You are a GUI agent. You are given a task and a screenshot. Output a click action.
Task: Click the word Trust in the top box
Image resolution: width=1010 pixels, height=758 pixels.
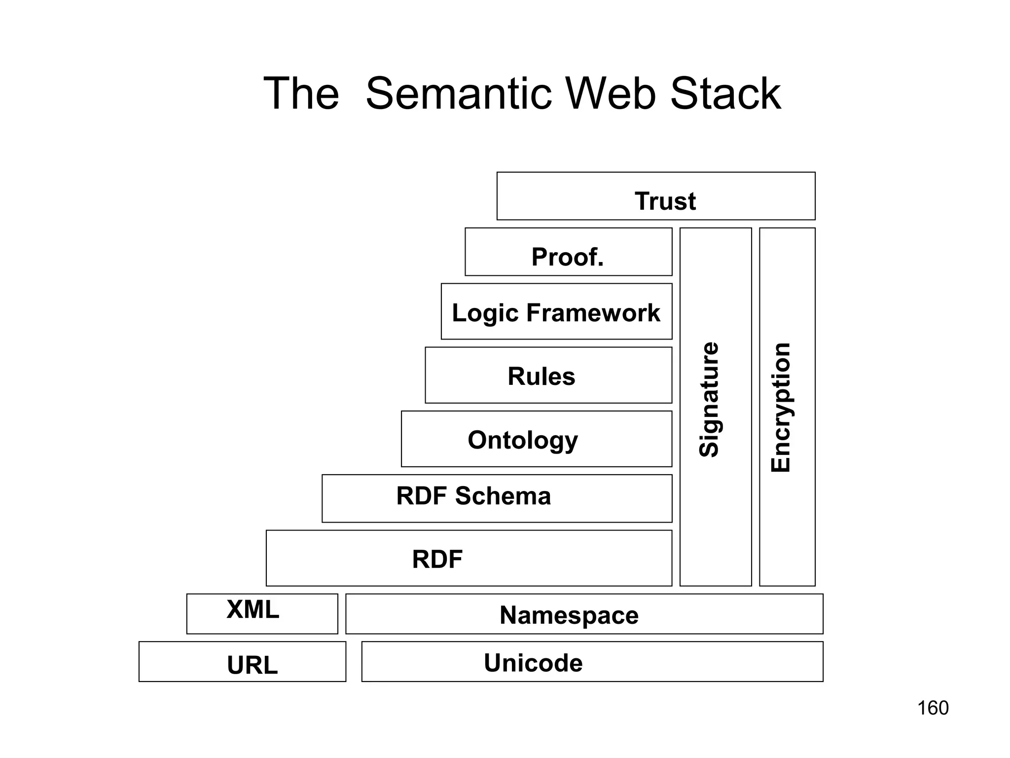(665, 201)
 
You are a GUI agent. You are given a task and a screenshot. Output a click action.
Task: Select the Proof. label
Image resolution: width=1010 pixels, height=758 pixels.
(567, 257)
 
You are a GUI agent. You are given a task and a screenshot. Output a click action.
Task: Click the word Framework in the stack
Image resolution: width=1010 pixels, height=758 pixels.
(593, 313)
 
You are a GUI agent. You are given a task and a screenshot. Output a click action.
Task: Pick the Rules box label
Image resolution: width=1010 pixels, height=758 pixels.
(541, 377)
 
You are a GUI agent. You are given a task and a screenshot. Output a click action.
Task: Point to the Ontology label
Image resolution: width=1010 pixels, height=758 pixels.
(522, 440)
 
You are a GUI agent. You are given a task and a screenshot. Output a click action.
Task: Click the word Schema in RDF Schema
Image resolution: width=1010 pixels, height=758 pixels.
(503, 496)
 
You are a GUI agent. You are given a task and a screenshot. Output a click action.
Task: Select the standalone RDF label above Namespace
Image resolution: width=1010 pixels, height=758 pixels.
(437, 560)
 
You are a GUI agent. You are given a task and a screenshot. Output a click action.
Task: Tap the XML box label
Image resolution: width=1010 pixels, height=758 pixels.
(252, 609)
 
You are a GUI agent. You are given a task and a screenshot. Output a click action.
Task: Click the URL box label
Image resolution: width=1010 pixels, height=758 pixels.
(252, 665)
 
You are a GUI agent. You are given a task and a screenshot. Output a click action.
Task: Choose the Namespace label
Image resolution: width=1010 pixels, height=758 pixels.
(569, 615)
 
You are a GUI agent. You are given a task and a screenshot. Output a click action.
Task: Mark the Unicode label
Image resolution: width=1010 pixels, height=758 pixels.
(533, 663)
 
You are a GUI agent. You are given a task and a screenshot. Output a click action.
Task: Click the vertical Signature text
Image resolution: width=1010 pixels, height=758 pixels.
(709, 399)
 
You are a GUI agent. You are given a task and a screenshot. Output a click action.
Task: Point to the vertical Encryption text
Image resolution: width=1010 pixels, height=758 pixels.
(781, 407)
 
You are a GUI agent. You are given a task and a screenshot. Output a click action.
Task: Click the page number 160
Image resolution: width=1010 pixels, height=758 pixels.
(932, 708)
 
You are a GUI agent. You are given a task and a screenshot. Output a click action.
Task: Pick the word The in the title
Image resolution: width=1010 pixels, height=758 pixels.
(301, 94)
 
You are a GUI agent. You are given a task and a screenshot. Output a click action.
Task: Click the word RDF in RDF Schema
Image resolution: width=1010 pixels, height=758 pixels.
(421, 496)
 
